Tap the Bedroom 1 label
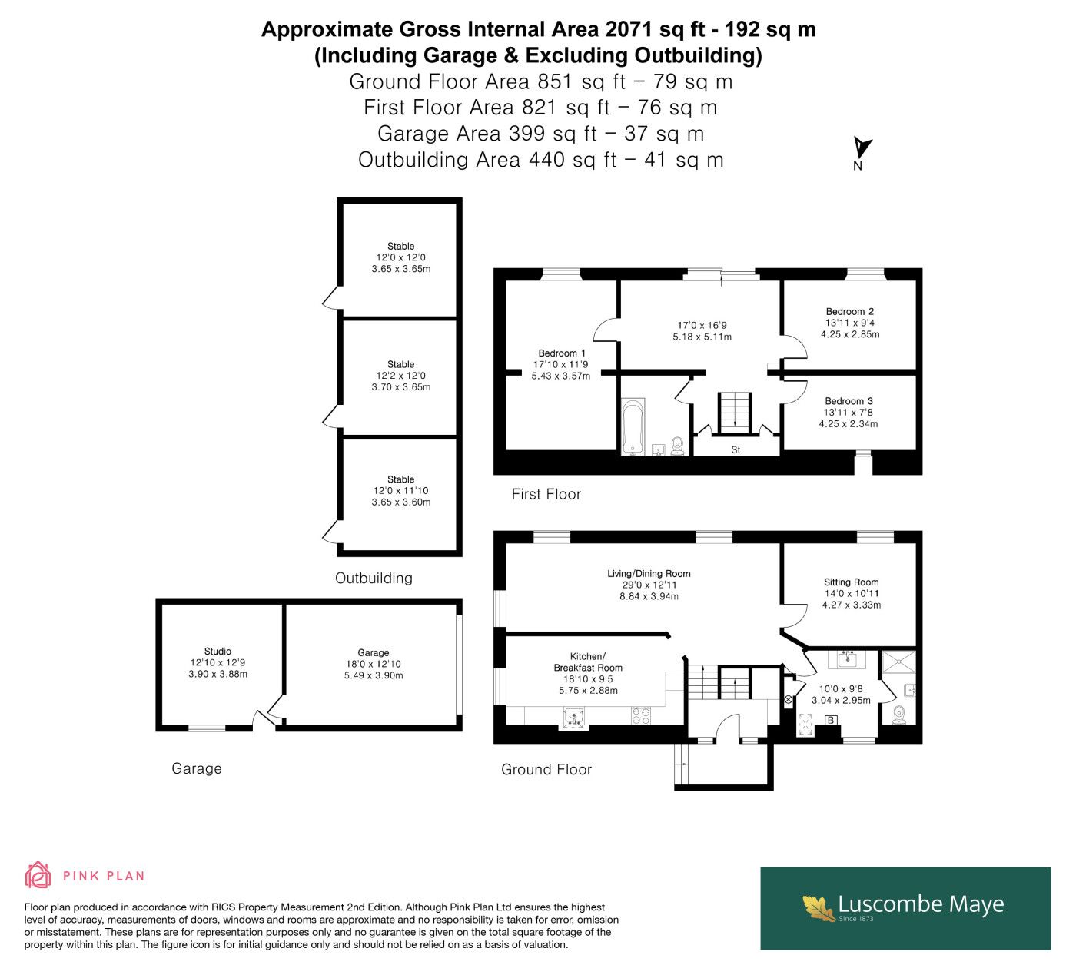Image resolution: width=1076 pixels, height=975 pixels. pos(562,353)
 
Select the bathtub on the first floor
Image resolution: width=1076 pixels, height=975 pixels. pos(633,427)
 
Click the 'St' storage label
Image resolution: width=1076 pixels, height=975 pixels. pos(736,450)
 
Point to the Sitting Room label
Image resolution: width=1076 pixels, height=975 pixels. pos(852,582)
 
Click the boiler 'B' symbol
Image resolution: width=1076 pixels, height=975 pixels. pos(831,720)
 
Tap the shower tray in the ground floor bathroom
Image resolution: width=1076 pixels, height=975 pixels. pos(899,662)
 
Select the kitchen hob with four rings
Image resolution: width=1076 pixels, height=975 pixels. pos(642,716)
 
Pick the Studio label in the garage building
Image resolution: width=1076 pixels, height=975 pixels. pos(218,651)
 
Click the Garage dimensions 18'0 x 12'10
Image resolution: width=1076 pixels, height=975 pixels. pos(374,664)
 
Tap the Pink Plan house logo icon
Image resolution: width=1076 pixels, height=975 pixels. pos(38,876)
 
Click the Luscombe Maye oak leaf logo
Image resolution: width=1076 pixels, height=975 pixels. pos(818,907)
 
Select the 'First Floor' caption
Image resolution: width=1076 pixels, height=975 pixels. pos(546,494)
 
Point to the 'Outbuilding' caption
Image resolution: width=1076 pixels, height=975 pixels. pos(374,578)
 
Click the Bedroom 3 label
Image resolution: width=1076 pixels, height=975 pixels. pos(849,400)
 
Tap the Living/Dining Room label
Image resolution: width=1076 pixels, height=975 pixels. pos(649,573)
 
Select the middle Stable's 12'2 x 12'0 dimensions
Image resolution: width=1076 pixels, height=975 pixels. pos(400,376)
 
